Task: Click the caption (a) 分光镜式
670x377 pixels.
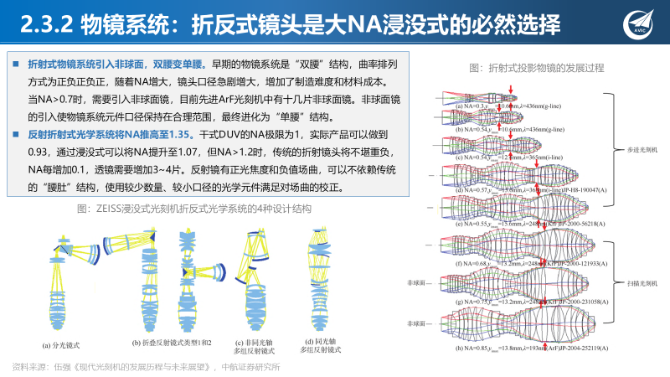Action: point(61,343)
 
